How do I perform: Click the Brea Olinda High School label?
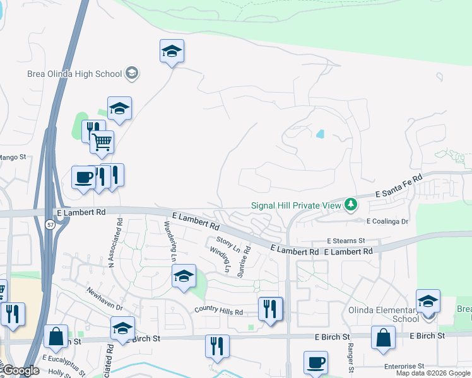[x=74, y=74]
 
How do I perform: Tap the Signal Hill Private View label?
[x=295, y=205]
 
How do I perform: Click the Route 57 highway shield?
[x=50, y=224]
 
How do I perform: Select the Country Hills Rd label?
[x=218, y=311]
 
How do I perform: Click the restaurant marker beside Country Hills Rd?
[x=270, y=309]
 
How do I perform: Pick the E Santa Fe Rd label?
[x=398, y=187]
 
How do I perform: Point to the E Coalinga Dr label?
[x=387, y=221]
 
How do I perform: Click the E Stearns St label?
[x=346, y=241]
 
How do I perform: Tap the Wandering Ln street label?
[x=169, y=241]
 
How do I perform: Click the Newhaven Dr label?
[x=104, y=298]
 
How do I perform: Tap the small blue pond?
[x=320, y=134]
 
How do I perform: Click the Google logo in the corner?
[x=20, y=370]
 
